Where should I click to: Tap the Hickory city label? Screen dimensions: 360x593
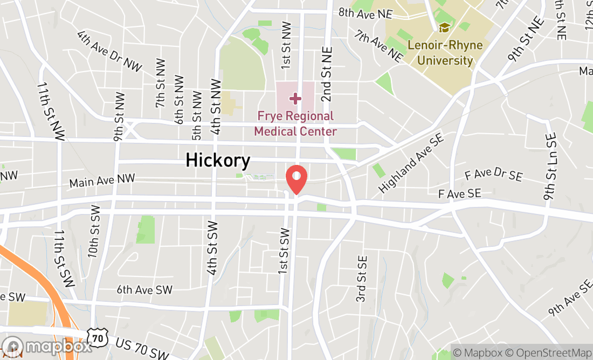click(218, 161)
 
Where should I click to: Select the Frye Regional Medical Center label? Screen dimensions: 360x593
click(295, 124)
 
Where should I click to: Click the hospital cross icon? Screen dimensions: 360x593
click(295, 98)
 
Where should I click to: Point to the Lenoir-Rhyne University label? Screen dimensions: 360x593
click(445, 52)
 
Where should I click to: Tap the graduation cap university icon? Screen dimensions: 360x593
click(444, 27)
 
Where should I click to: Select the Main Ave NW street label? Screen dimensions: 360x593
click(102, 181)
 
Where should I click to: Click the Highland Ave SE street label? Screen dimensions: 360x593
click(411, 163)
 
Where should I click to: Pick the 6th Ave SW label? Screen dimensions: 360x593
click(144, 290)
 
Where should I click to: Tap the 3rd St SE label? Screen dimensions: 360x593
click(362, 279)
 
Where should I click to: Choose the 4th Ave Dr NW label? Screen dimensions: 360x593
click(109, 51)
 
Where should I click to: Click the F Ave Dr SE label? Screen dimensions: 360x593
click(493, 175)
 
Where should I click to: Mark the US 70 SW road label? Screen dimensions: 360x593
click(142, 351)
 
